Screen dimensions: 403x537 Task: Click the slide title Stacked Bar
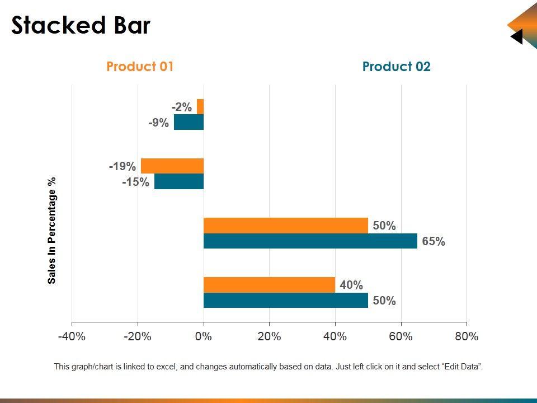point(81,26)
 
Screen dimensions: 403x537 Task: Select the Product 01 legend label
point(140,67)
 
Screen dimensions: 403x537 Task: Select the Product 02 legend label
point(396,67)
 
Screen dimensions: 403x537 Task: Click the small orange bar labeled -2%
point(200,106)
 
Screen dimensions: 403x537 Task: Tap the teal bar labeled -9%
point(189,122)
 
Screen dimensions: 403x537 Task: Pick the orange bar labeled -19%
point(172,166)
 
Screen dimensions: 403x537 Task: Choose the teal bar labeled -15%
point(179,181)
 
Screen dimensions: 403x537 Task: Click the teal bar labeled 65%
point(310,241)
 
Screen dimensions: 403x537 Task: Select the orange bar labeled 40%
point(269,284)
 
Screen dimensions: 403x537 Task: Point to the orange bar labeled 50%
point(285,225)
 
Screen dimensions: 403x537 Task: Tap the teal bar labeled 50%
point(285,300)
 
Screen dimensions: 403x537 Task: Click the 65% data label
point(434,241)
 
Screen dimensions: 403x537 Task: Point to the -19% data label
point(123,166)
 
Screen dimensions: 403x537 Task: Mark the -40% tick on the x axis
point(72,336)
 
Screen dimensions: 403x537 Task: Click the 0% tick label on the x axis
point(204,336)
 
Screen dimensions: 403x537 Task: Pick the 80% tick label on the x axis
point(467,336)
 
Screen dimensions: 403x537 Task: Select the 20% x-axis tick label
point(269,336)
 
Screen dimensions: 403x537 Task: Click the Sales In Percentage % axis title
point(52,231)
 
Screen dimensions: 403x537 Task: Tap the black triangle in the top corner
point(517,37)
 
